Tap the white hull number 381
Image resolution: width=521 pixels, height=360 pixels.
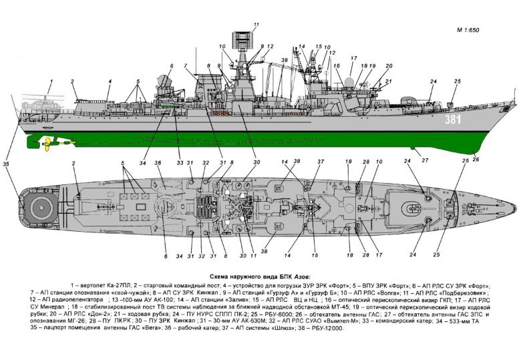tap(454, 119)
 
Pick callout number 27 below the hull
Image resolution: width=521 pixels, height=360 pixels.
tap(424, 160)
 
